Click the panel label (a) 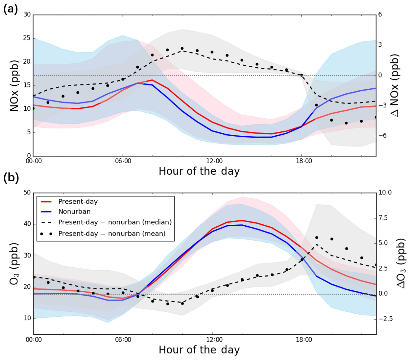pyautogui.click(x=11, y=9)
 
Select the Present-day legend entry pyautogui.click(x=78, y=202)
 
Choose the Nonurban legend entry pyautogui.click(x=74, y=212)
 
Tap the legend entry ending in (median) pyautogui.click(x=115, y=222)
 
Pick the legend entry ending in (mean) pyautogui.click(x=112, y=234)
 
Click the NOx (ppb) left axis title pyautogui.click(x=14, y=85)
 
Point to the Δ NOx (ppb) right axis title pyautogui.click(x=395, y=85)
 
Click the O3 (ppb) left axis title pyautogui.click(x=14, y=263)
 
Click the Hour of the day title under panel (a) pyautogui.click(x=199, y=171)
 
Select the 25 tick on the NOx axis pyautogui.click(x=27, y=38)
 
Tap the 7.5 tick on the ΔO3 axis pyautogui.click(x=385, y=218)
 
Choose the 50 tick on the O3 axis pyautogui.click(x=27, y=192)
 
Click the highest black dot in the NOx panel pyautogui.click(x=182, y=48)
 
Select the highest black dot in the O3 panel pyautogui.click(x=317, y=237)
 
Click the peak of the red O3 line pyautogui.click(x=242, y=220)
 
